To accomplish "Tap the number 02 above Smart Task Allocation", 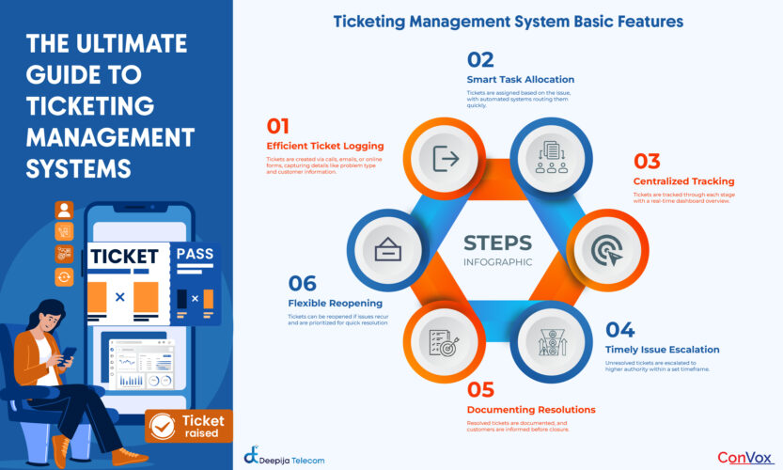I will [x=480, y=60].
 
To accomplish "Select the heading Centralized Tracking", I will [x=683, y=180].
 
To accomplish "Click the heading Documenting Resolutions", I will [x=531, y=409].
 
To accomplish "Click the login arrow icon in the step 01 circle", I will [x=445, y=160].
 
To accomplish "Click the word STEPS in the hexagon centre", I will [x=497, y=242].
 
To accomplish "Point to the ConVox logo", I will [x=744, y=457].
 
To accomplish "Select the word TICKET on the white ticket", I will [x=126, y=257].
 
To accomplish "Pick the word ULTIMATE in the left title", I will [x=133, y=44].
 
